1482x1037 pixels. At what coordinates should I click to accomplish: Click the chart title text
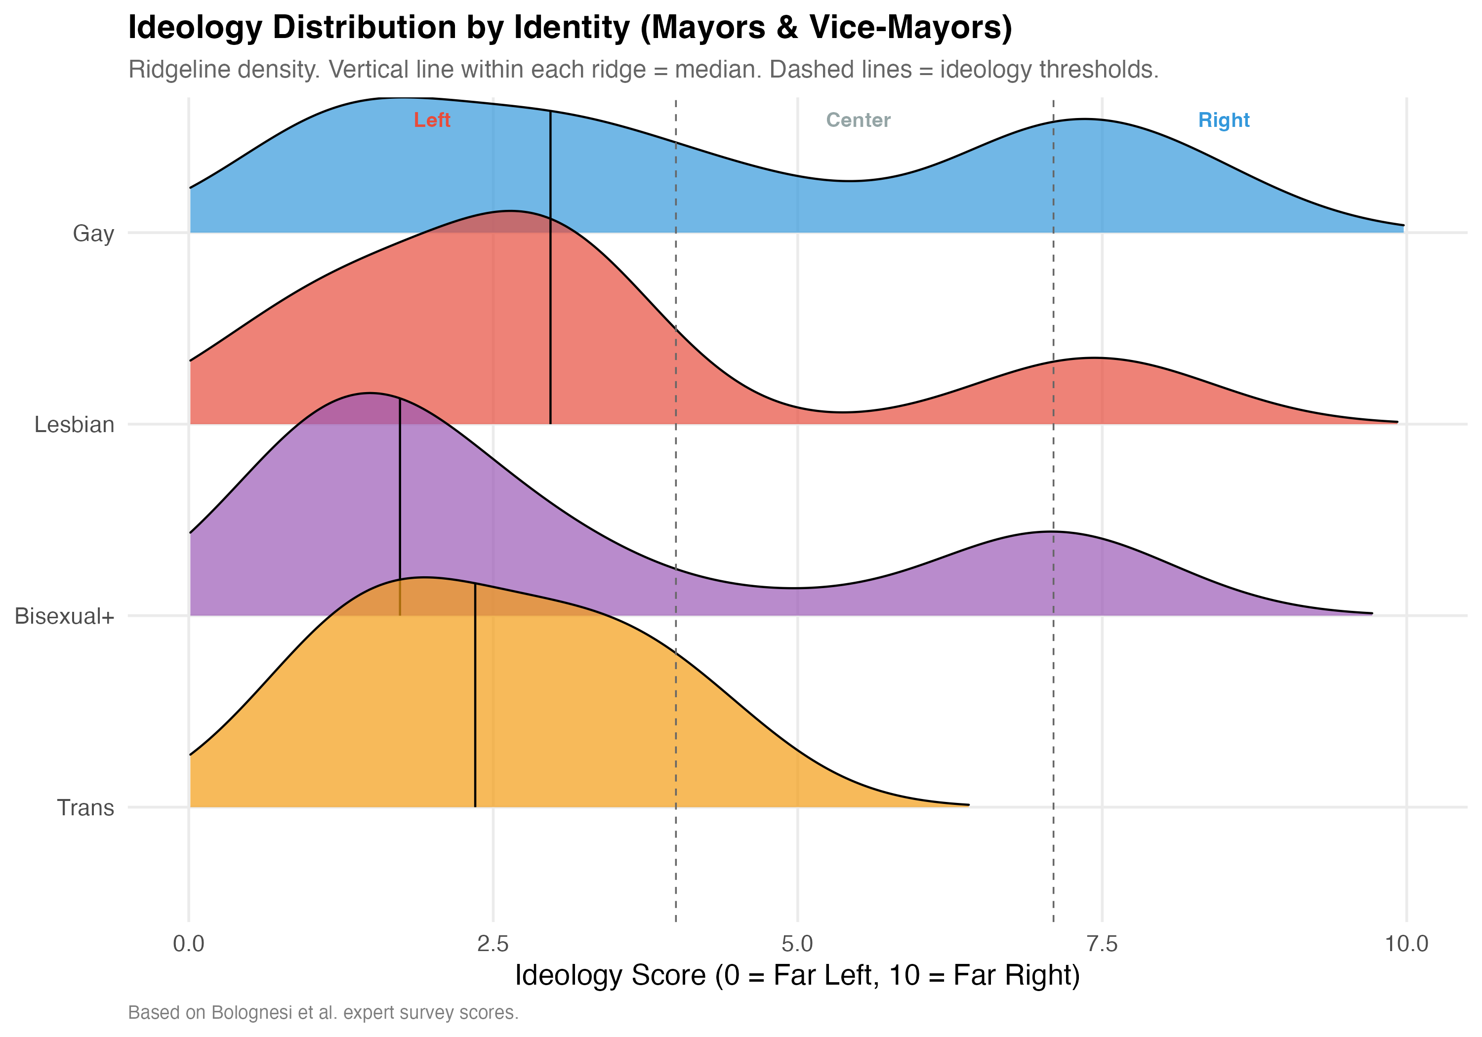tap(570, 28)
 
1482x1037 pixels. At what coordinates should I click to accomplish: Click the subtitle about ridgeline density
tap(643, 70)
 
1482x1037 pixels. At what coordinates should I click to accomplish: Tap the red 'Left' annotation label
tap(432, 120)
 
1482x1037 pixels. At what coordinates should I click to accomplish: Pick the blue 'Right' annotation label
tap(1223, 120)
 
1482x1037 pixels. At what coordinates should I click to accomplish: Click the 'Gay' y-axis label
tap(93, 233)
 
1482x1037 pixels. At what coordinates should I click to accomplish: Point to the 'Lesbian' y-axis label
tap(74, 425)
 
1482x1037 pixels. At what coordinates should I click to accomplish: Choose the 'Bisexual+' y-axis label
tap(65, 616)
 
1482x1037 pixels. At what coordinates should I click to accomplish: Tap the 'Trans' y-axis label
tap(86, 808)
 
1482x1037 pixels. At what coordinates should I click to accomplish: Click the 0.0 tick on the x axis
tap(189, 944)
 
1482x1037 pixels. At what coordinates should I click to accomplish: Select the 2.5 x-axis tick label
tap(493, 944)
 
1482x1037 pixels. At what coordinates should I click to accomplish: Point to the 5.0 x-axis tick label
tap(798, 944)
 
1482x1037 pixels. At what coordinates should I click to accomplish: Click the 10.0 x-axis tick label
tap(1406, 944)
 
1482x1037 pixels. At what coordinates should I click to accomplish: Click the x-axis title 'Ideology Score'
tap(797, 975)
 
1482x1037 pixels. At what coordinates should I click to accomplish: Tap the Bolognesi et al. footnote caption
tap(323, 1012)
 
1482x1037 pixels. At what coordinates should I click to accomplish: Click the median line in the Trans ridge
tap(475, 697)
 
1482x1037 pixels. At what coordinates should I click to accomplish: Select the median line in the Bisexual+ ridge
tap(400, 510)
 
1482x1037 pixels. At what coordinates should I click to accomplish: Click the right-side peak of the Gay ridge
tap(1084, 120)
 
